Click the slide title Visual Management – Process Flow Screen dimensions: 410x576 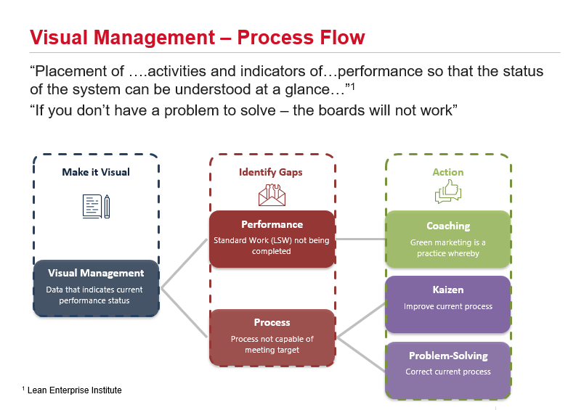pyautogui.click(x=196, y=37)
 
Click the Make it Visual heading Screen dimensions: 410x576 pyautogui.click(x=96, y=172)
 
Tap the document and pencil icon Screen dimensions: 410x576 pyautogui.click(x=96, y=206)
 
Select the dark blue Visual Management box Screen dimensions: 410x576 pyautogui.click(x=96, y=287)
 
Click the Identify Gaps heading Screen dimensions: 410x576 pyautogui.click(x=272, y=172)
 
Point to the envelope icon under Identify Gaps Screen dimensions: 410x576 pyautogui.click(x=272, y=194)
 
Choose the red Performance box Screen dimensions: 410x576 pyautogui.click(x=272, y=238)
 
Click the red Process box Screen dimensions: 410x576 pyautogui.click(x=272, y=337)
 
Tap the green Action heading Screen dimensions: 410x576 pyautogui.click(x=447, y=172)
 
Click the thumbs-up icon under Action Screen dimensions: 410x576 pyautogui.click(x=447, y=192)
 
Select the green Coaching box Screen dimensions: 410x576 pyautogui.click(x=447, y=238)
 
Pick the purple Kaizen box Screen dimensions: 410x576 pyautogui.click(x=447, y=298)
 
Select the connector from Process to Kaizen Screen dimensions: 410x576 pyautogui.click(x=360, y=319)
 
